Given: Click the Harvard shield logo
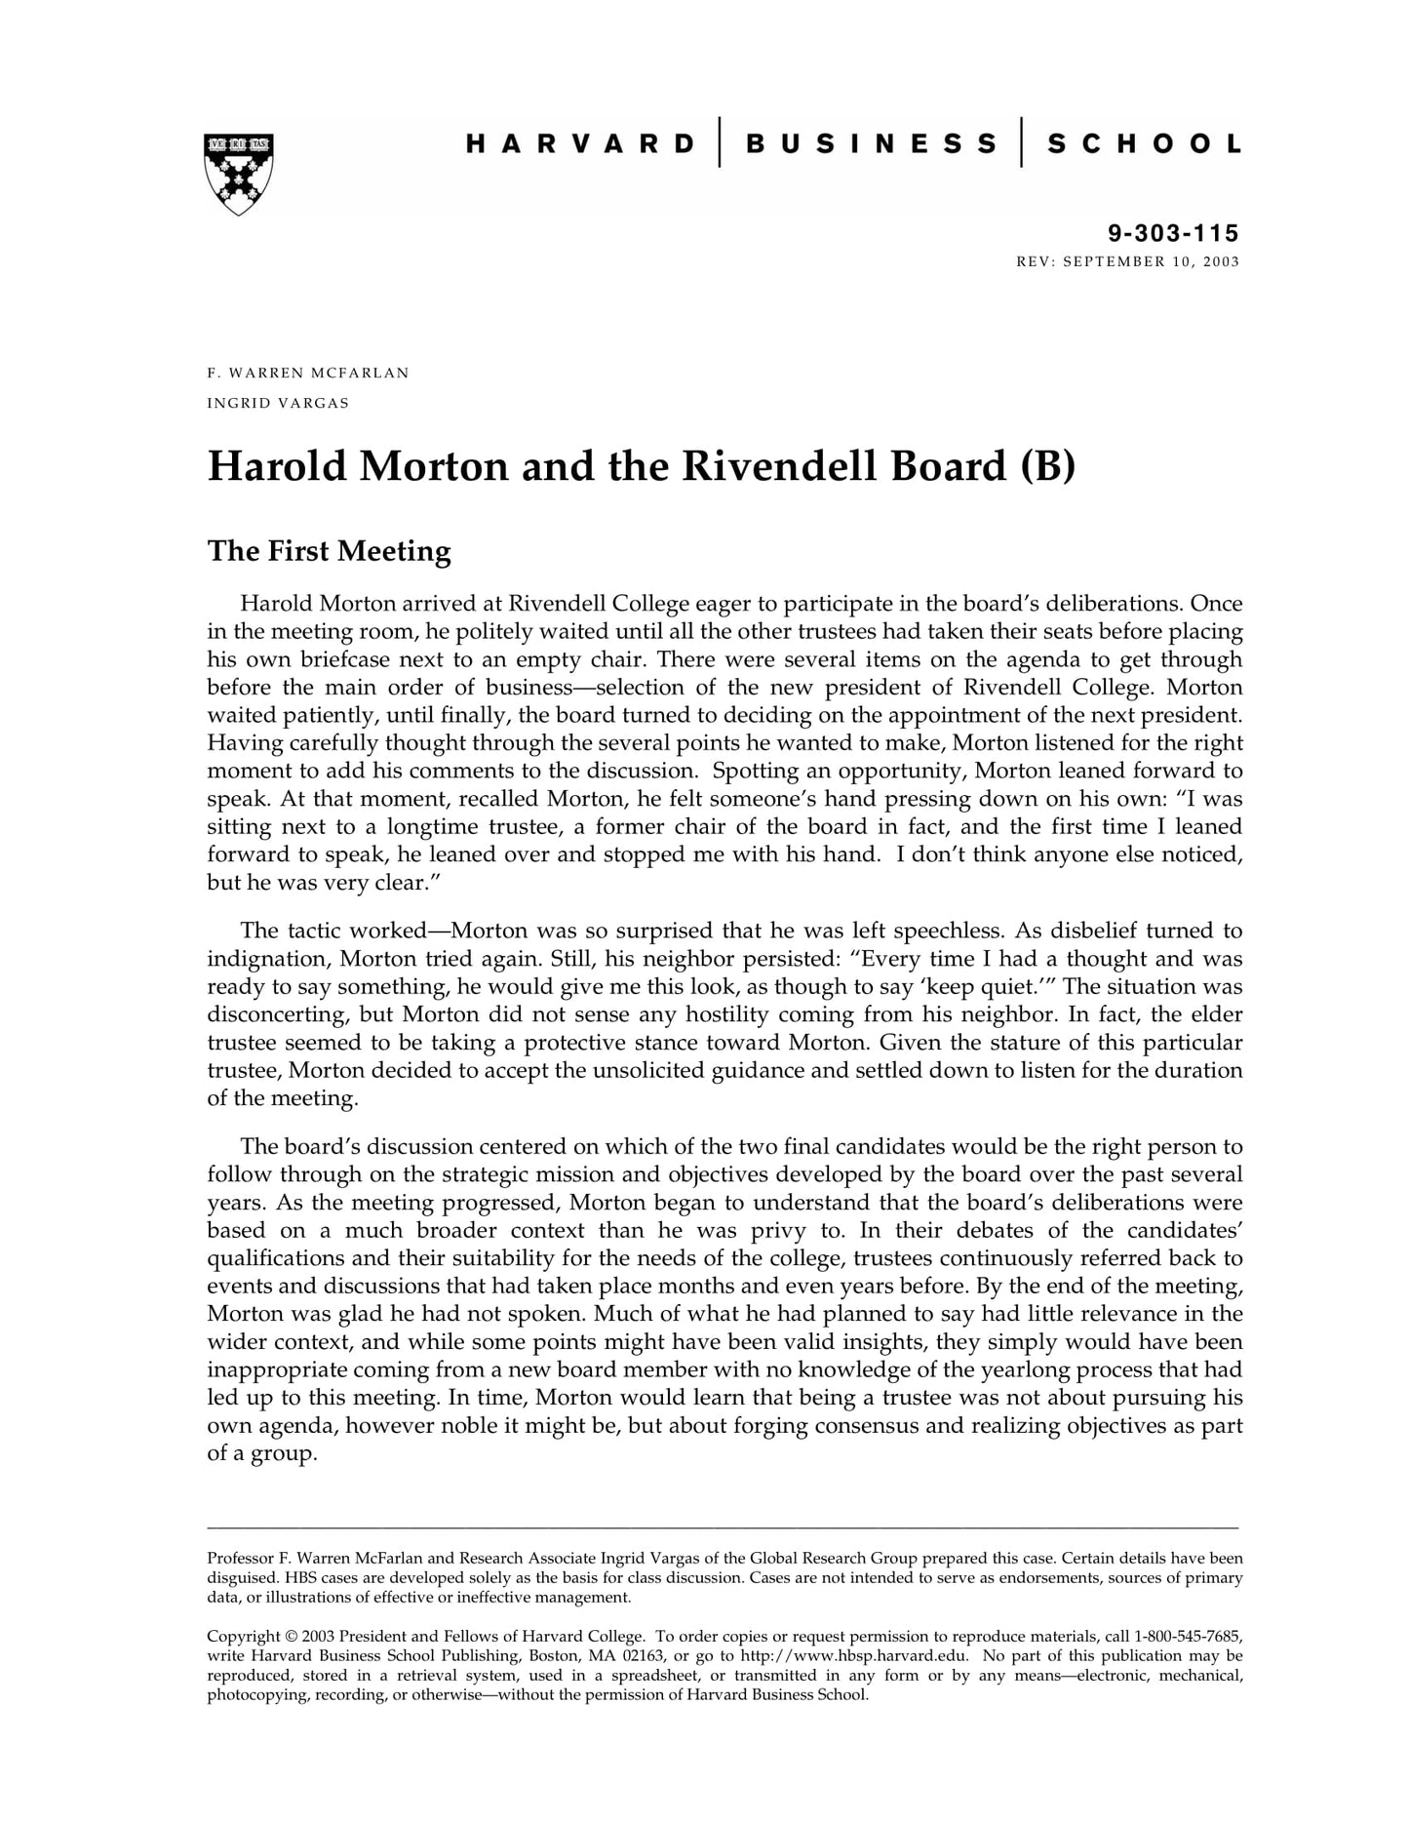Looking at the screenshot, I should (238, 174).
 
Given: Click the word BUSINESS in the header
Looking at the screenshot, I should (871, 144).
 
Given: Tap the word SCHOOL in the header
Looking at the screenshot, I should (1144, 144).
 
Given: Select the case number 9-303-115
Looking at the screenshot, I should (1173, 233).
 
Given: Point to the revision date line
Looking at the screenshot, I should (1127, 261).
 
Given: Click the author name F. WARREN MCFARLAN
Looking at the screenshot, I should (308, 373).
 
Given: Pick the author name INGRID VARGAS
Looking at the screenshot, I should (278, 403).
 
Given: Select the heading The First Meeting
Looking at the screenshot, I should (329, 551).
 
